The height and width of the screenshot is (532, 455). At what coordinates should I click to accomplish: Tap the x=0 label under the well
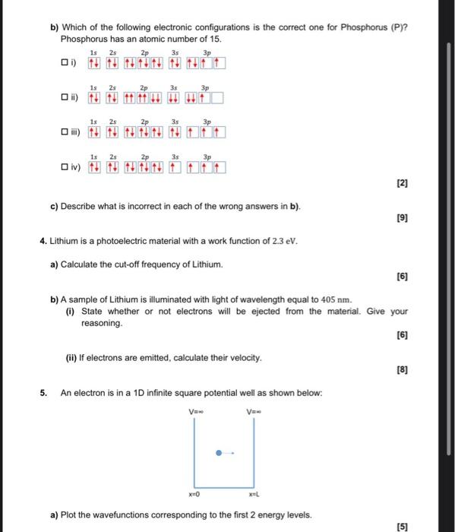pos(193,493)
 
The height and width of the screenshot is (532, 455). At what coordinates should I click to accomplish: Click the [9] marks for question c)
pos(402,218)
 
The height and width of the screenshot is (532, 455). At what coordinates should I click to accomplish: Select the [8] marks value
pos(402,371)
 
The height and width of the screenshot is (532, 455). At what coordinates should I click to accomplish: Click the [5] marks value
pos(402,526)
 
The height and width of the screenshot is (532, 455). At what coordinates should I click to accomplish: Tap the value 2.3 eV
pos(285,242)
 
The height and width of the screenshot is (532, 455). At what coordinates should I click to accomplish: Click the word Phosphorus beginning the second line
pos(83,37)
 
